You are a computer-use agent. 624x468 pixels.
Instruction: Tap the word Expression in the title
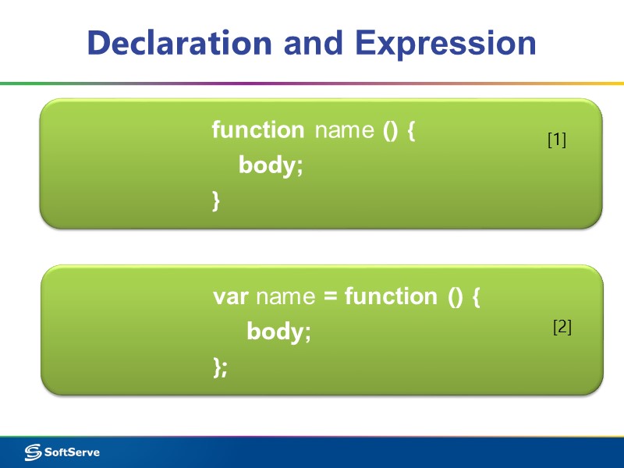445,43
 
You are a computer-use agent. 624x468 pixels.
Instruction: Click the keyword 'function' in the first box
257,130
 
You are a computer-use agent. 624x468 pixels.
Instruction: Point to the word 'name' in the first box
344,130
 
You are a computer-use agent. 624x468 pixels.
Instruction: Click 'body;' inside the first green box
270,165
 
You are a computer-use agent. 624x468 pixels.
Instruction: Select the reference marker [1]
556,140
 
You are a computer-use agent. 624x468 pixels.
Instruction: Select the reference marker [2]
562,327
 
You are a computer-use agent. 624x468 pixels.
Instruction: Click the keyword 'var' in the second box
231,296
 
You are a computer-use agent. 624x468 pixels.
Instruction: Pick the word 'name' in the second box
285,296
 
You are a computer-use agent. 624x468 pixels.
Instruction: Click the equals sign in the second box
330,296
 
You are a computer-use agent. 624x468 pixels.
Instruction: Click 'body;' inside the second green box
278,332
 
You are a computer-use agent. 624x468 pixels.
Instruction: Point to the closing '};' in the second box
220,367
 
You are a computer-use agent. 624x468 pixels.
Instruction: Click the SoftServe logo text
71,452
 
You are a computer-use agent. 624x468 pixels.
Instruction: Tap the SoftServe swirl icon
34,452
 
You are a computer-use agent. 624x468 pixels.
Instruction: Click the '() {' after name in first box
399,130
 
